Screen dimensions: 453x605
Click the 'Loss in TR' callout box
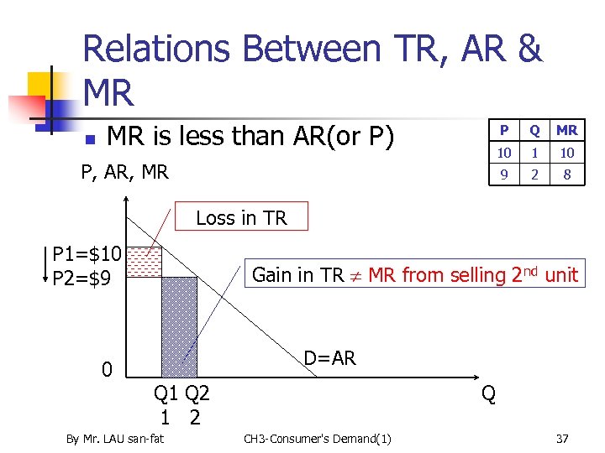[x=241, y=217]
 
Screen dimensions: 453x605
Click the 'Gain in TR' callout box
[x=415, y=274]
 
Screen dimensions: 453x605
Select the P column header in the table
[x=503, y=130]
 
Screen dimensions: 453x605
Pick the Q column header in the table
[x=534, y=130]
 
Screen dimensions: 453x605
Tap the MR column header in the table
[x=567, y=130]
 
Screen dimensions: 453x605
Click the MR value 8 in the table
[x=567, y=175]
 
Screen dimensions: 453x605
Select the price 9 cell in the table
[x=503, y=175]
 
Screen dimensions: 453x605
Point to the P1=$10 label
[x=87, y=253]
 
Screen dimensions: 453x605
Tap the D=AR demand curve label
[x=329, y=358]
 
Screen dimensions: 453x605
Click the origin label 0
[x=107, y=370]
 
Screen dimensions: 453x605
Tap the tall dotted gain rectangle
[x=179, y=327]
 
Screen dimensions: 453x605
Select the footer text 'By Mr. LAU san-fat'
[x=115, y=439]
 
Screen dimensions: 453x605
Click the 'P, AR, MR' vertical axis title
[x=124, y=173]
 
